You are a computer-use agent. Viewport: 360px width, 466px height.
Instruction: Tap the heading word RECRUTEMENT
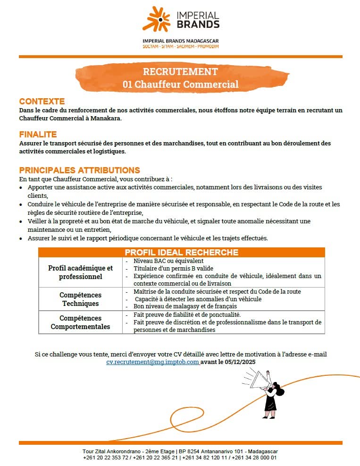coord(180,72)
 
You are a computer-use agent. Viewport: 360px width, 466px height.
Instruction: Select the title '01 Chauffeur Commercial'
coord(180,85)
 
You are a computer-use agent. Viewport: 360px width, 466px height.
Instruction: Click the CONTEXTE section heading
coord(42,102)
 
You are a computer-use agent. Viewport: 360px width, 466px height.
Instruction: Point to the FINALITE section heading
coord(38,135)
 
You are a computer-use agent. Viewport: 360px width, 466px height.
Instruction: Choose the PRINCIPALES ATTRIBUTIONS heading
coord(79,170)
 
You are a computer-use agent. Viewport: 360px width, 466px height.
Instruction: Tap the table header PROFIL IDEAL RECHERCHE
coord(181,253)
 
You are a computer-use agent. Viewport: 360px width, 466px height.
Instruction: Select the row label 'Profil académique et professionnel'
coord(80,272)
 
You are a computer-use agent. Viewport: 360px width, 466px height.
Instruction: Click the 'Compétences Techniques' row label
coord(80,299)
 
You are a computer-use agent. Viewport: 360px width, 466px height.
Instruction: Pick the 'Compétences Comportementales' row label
coord(80,322)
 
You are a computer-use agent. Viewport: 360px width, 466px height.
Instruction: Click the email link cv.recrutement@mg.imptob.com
coord(152,362)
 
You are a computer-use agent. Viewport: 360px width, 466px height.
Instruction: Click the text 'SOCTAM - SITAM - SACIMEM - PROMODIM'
coord(180,47)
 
